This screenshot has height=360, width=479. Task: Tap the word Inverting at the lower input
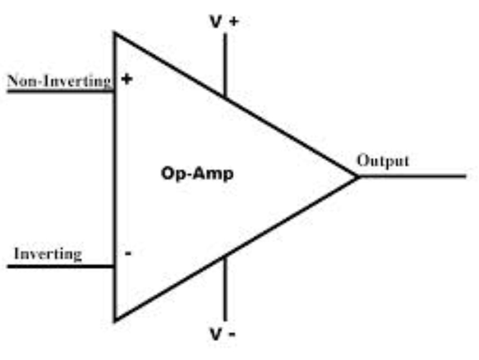point(47,254)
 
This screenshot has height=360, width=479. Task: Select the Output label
point(383,161)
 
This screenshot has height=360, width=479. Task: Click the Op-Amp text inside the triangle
point(197,174)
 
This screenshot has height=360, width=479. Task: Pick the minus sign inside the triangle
point(128,254)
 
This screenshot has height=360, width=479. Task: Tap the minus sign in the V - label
point(232,335)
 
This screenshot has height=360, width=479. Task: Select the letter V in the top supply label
point(215,22)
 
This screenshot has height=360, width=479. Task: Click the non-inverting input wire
point(59,90)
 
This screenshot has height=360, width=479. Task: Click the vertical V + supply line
point(225,64)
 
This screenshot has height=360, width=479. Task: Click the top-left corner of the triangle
point(115,33)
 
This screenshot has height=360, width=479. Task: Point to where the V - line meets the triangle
point(225,257)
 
